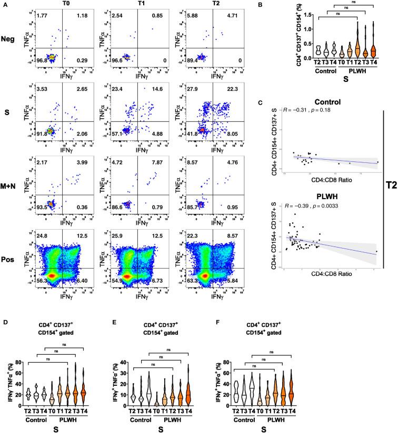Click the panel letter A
pos(5,4)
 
